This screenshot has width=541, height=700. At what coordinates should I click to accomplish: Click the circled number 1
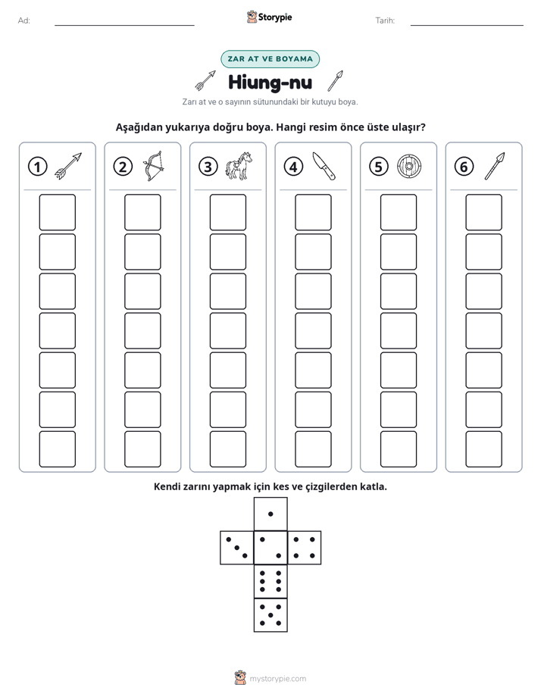coord(37,167)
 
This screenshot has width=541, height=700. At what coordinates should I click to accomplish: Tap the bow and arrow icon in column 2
coord(154,166)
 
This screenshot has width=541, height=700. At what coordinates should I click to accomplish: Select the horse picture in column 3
coord(239,166)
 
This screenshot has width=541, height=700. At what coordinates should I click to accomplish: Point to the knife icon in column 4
coord(324,166)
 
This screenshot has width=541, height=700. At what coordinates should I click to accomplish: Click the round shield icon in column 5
coord(409,166)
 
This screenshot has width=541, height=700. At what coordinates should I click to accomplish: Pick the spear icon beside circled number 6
coord(495,166)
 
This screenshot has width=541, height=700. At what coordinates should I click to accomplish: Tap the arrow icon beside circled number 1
coord(68,166)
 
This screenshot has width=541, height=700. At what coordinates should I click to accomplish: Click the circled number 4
coord(293,167)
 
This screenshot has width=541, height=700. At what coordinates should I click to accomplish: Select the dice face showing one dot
coord(270,514)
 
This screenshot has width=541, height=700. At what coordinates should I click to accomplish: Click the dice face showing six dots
coord(270,581)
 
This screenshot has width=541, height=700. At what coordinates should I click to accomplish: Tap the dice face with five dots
coord(270,614)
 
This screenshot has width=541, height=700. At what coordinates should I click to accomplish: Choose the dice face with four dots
coord(305,548)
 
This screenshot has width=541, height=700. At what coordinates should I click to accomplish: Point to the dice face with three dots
coord(237,548)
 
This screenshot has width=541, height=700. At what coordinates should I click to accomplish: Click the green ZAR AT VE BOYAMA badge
coord(270,59)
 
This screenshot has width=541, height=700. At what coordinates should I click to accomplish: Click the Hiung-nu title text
coord(270,82)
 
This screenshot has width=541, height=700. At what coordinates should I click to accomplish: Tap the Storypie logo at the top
coord(269,17)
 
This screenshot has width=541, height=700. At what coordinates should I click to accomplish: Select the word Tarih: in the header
coord(385,20)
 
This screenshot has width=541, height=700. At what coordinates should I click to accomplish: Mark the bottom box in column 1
coord(57,449)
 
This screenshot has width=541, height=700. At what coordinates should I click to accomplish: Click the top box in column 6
coord(483,212)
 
